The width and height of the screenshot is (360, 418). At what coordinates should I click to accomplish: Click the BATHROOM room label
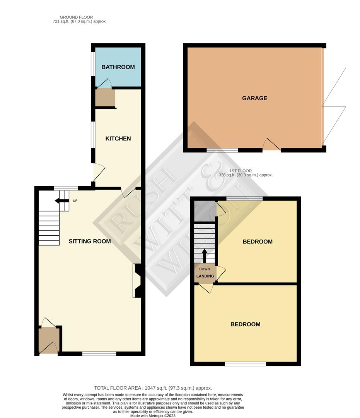(x=118, y=67)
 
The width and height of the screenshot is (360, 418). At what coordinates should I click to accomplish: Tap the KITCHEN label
(x=118, y=138)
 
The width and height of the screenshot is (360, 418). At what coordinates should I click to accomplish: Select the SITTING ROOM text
(x=90, y=241)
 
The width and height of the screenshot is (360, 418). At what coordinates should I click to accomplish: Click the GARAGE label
(x=254, y=98)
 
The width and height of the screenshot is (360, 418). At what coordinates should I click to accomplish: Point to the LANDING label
(x=205, y=276)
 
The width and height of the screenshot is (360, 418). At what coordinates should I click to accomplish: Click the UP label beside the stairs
(x=75, y=201)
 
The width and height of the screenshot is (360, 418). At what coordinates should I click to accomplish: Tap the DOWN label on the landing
(x=205, y=269)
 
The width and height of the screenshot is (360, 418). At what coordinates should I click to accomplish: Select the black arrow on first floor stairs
(x=205, y=256)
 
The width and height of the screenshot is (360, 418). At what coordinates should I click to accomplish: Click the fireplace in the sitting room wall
(x=137, y=281)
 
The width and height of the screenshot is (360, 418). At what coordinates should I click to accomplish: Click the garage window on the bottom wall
(x=223, y=150)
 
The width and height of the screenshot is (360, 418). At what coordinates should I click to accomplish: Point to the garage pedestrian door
(x=271, y=146)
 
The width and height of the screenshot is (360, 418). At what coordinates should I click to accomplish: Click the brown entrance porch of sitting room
(x=48, y=341)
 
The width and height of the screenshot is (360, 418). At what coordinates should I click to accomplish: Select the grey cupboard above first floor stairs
(x=205, y=211)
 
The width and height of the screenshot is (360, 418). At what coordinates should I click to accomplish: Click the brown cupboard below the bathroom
(x=105, y=98)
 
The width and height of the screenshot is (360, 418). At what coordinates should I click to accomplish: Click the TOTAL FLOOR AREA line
(x=153, y=388)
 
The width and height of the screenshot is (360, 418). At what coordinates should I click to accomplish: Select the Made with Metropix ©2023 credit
(x=153, y=416)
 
